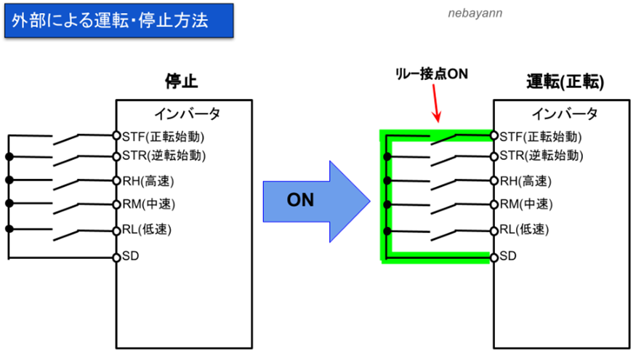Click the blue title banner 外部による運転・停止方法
(119, 20)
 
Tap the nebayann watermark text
(475, 13)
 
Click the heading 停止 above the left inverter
(181, 81)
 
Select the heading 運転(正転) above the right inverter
(565, 81)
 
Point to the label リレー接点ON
(431, 74)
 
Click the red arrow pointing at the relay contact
(436, 103)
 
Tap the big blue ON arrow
(317, 201)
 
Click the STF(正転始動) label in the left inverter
(163, 137)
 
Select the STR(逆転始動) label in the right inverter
(542, 156)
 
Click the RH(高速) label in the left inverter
(148, 181)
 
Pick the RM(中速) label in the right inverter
(526, 204)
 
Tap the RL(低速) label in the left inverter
(147, 229)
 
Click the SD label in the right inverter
(507, 256)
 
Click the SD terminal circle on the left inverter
(116, 257)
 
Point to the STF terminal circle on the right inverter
(494, 135)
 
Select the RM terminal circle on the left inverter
(116, 204)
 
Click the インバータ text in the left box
(188, 113)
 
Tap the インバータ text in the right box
(565, 113)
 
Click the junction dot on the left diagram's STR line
(9, 156)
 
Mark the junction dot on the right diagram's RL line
(387, 231)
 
